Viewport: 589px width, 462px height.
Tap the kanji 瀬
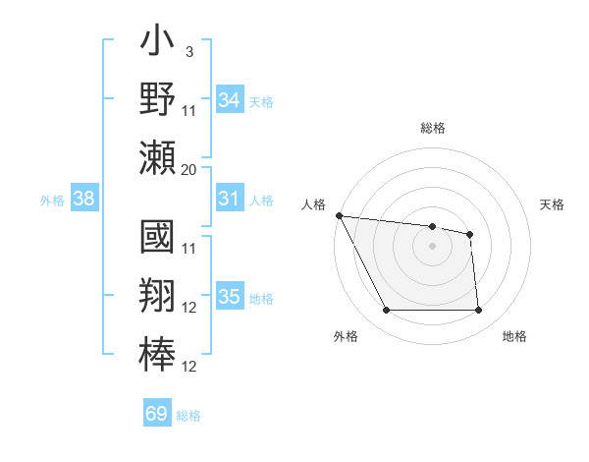pos(157,158)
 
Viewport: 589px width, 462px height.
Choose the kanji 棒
pos(157,354)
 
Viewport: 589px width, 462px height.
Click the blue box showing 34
pos(229,100)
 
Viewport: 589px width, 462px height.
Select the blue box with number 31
pos(229,199)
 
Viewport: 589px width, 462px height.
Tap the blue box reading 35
pos(229,297)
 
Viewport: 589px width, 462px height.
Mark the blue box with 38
pos(83,199)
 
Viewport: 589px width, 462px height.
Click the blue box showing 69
pos(156,414)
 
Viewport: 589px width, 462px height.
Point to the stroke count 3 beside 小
pos(188,51)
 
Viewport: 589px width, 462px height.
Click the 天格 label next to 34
pos(261,102)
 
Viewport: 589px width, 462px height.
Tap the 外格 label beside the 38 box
pos(52,201)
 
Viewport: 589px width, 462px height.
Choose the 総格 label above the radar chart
pos(432,128)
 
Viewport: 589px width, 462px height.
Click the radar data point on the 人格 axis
pos(339,215)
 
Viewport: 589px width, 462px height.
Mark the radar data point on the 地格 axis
pos(478,311)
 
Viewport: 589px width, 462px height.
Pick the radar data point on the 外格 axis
pos(386,311)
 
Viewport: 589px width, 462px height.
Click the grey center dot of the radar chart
pos(432,246)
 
